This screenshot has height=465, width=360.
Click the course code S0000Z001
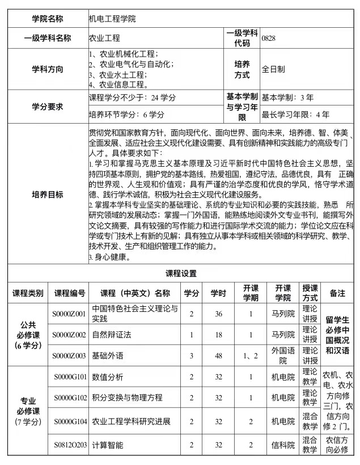(69, 314)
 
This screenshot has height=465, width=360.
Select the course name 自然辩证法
(112, 335)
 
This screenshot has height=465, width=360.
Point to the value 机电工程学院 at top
(112, 19)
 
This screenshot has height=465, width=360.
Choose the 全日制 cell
(273, 69)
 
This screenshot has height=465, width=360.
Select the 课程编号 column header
(70, 293)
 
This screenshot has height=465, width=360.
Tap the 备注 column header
(337, 293)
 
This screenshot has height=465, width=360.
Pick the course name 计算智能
(108, 445)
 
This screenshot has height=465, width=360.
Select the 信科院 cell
(283, 445)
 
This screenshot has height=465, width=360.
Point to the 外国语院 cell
(283, 356)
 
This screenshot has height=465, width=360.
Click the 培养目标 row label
(48, 195)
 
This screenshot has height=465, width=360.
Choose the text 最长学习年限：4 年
(295, 115)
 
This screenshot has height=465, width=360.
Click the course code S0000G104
(70, 421)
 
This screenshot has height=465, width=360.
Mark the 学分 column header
(192, 293)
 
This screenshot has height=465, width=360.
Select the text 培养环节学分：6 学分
(127, 115)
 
